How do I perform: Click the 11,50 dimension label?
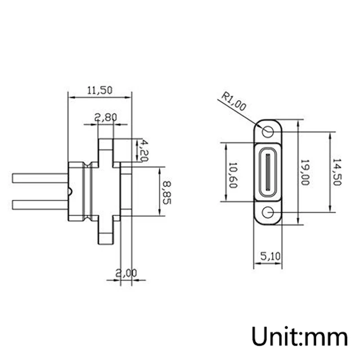(x=99, y=90)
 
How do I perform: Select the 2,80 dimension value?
(x=106, y=118)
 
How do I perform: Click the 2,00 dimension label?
(x=126, y=273)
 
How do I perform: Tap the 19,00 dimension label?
(x=306, y=173)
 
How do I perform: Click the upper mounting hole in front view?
(x=268, y=132)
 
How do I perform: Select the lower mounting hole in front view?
(x=268, y=212)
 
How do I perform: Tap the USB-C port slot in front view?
(x=268, y=172)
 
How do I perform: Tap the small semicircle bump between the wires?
(x=69, y=192)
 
